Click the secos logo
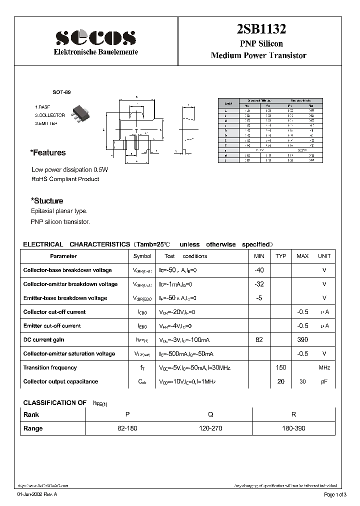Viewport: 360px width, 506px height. pos(95,37)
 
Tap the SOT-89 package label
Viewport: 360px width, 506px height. pos(62,93)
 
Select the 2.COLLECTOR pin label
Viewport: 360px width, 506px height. pos(50,115)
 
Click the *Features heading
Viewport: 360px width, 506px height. pos(48,153)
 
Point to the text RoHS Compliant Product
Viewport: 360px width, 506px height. pos(65,179)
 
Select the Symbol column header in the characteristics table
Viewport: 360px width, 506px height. pos(142,256)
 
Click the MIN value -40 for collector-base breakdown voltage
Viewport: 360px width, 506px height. pos(259,270)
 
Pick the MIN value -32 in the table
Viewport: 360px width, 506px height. pos(259,284)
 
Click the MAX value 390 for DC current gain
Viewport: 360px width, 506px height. pos(302,339)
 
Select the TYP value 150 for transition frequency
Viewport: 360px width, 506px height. pos(281,367)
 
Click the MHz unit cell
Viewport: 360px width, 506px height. pos(324,367)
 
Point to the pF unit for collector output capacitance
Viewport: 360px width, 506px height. pos(324,381)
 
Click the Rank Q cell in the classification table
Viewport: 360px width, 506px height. pos(210,414)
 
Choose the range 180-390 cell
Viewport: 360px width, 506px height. pos(293,428)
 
